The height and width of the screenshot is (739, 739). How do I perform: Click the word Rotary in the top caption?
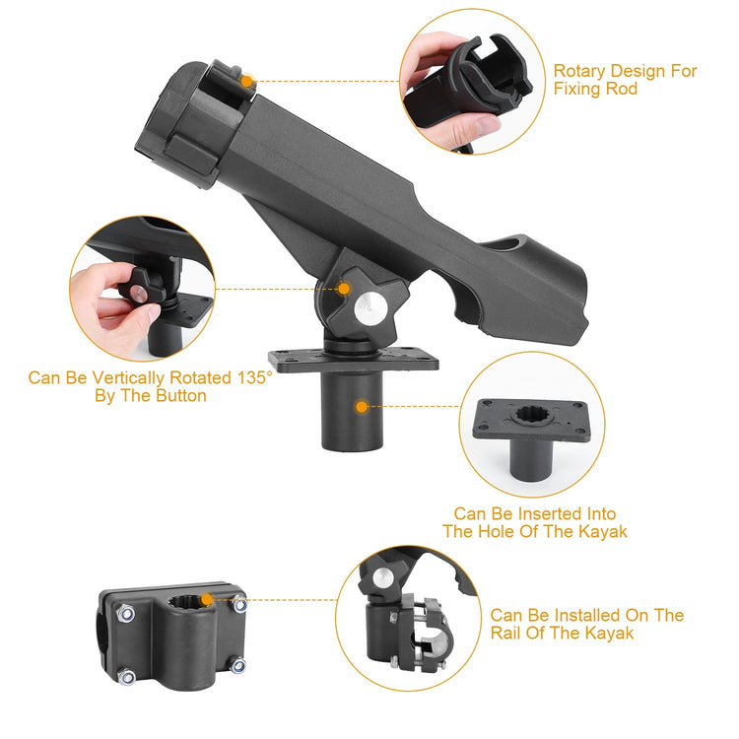click(x=578, y=71)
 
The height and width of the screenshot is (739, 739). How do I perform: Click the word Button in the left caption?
click(x=177, y=396)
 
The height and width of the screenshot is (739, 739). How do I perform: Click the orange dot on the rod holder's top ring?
click(x=246, y=81)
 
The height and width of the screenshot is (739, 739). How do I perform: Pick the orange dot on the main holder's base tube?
click(x=362, y=406)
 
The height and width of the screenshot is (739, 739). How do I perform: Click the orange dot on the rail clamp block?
click(x=205, y=599)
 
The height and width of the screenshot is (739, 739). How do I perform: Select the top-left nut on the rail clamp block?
click(x=126, y=615)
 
